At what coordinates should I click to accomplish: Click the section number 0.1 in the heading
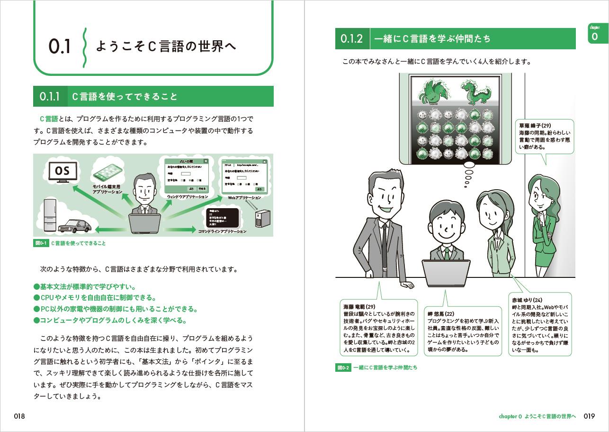[59, 47]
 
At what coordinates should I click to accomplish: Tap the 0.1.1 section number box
[49, 97]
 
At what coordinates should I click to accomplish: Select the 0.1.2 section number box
[351, 39]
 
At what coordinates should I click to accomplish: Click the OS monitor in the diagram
[63, 171]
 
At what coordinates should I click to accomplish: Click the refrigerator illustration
[50, 216]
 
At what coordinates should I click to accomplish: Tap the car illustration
[75, 226]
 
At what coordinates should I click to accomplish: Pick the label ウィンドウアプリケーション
[187, 196]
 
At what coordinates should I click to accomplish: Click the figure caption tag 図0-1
[41, 243]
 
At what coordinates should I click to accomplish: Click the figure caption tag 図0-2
[343, 368]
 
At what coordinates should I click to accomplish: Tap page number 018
[19, 416]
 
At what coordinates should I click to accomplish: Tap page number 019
[589, 416]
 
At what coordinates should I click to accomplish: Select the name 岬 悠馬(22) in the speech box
[437, 314]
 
